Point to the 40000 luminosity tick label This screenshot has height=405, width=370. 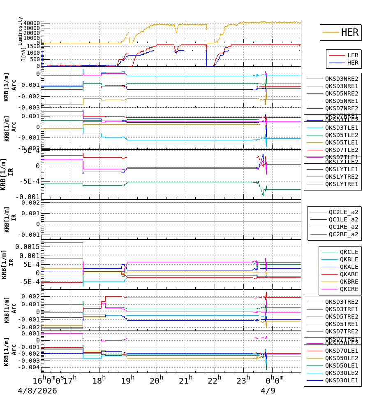(x=31, y=23)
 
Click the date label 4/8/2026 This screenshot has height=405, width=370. (x=37, y=391)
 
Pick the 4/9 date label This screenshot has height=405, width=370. (x=268, y=391)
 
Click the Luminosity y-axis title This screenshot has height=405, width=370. (x=20, y=31)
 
